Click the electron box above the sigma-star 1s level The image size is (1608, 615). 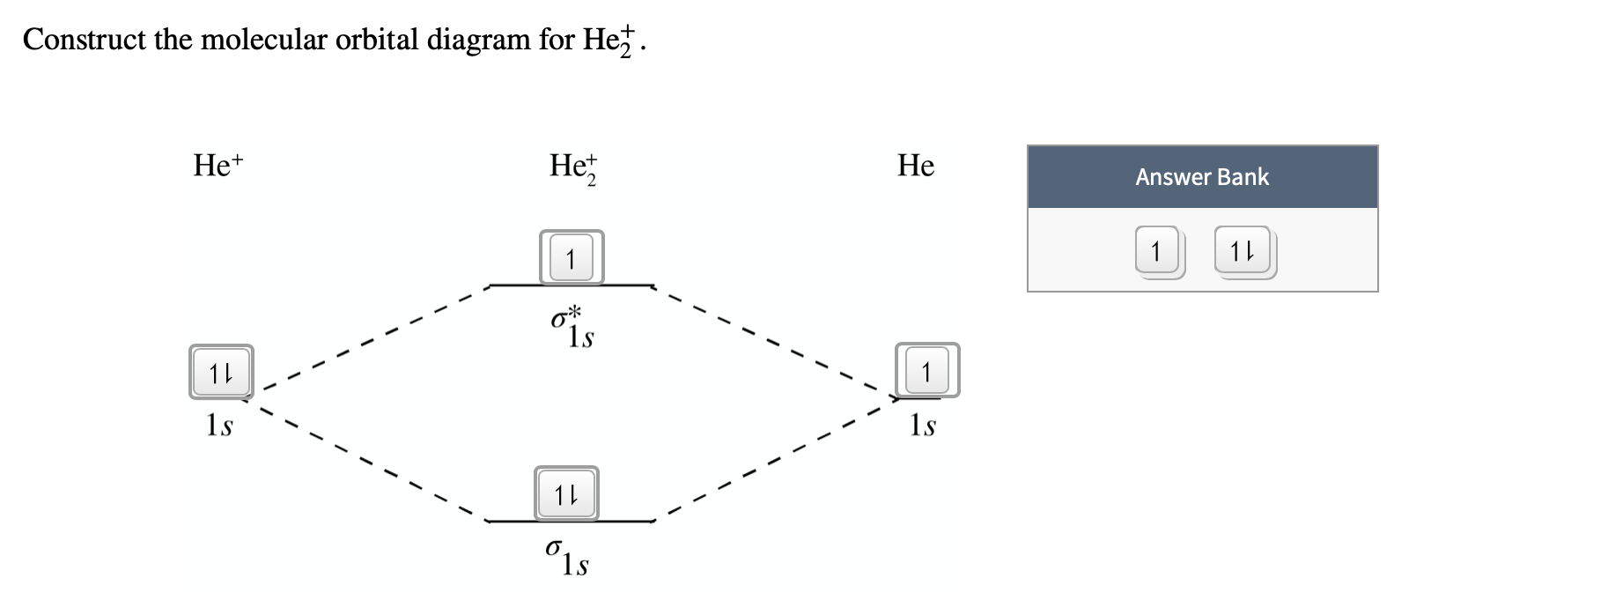click(x=571, y=258)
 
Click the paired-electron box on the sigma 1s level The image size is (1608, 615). click(x=566, y=493)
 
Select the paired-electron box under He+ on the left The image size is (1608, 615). click(x=221, y=372)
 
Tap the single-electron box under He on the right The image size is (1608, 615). click(x=926, y=370)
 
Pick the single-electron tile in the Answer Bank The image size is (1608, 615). click(x=1157, y=252)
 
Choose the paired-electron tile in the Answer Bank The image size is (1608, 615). click(x=1243, y=252)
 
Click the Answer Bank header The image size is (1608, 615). click(x=1202, y=177)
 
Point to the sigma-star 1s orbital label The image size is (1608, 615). click(x=572, y=327)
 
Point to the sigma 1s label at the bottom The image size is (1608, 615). click(x=567, y=558)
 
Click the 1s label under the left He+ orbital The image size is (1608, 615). click(x=219, y=426)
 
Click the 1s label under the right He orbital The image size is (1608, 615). click(x=922, y=426)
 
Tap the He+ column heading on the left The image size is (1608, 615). click(x=218, y=165)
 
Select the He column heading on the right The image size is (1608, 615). click(x=916, y=165)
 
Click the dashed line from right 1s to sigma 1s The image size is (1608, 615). click(x=775, y=460)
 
